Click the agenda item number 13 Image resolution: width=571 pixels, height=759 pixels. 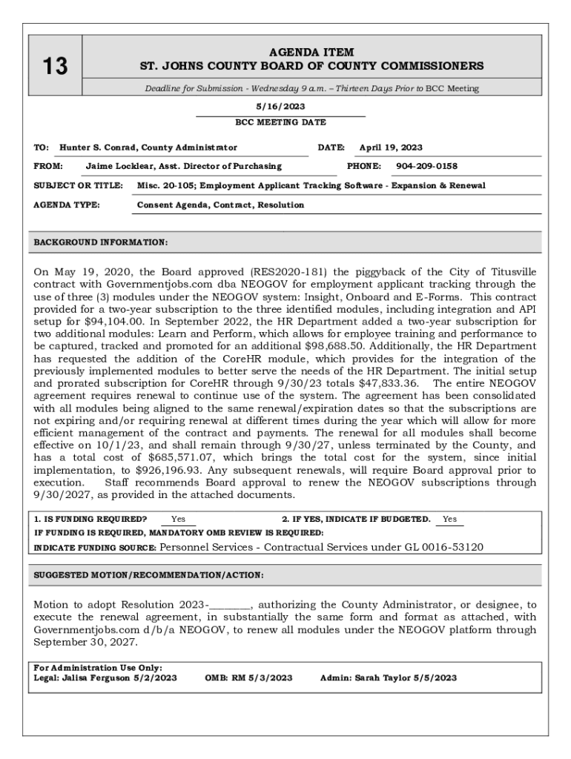[x=54, y=67]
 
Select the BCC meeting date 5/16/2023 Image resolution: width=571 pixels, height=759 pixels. [x=280, y=107]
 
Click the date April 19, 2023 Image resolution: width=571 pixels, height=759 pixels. [x=391, y=148]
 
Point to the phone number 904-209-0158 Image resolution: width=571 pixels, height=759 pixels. [x=426, y=166]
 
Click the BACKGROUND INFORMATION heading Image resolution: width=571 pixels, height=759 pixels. [x=101, y=242]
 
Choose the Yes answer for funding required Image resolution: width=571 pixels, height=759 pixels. [x=178, y=520]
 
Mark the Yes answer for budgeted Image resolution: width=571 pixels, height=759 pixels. [x=449, y=520]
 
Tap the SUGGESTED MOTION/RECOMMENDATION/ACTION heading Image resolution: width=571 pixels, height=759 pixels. [x=148, y=574]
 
